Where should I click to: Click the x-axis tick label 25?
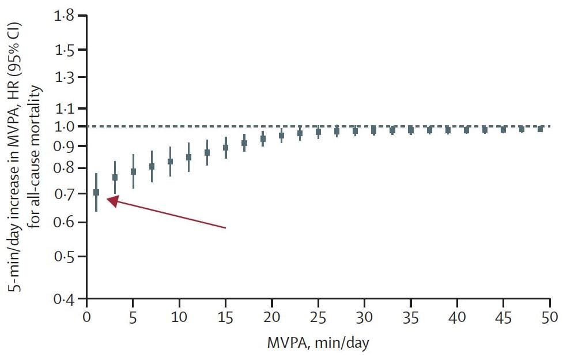[318, 317]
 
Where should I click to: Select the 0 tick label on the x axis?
[86, 317]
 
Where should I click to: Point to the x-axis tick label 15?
[225, 317]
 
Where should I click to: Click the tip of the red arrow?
[108, 200]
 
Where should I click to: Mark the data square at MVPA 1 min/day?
[96, 192]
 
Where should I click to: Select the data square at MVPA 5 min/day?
[133, 171]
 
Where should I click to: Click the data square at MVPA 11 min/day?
[188, 157]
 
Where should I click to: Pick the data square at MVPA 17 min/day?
[244, 143]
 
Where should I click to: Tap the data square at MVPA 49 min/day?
[541, 129]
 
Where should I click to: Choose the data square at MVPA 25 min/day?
[318, 132]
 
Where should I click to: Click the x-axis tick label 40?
[457, 317]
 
